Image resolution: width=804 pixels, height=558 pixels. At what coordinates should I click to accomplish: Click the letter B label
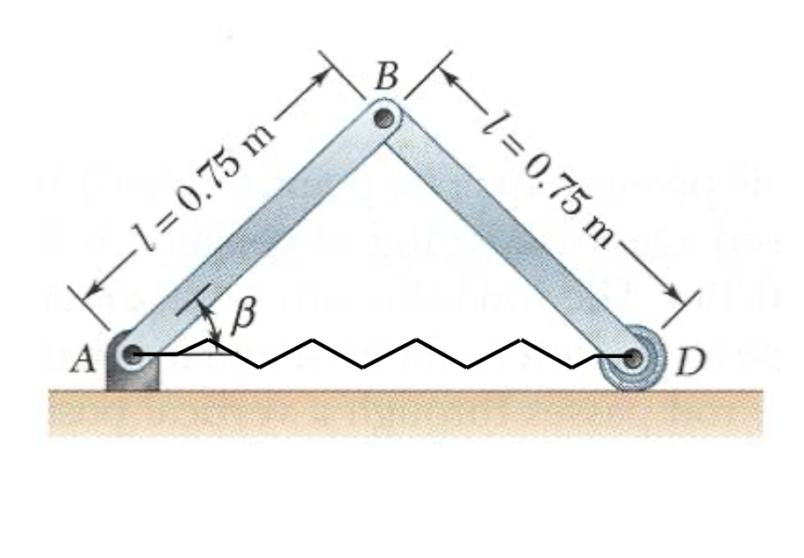pyautogui.click(x=384, y=78)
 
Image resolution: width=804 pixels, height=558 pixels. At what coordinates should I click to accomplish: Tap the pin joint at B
pyautogui.click(x=384, y=116)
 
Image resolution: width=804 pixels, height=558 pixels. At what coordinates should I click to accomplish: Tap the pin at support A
pyautogui.click(x=133, y=354)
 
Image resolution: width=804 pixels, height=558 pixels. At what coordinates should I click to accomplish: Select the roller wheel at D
pyautogui.click(x=633, y=358)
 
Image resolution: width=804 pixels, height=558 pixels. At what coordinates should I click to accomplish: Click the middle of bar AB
pyautogui.click(x=257, y=235)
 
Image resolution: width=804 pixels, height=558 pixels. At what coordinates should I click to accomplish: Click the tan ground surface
pyautogui.click(x=404, y=412)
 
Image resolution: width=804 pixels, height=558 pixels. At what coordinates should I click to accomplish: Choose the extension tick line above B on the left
pyautogui.click(x=338, y=70)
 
